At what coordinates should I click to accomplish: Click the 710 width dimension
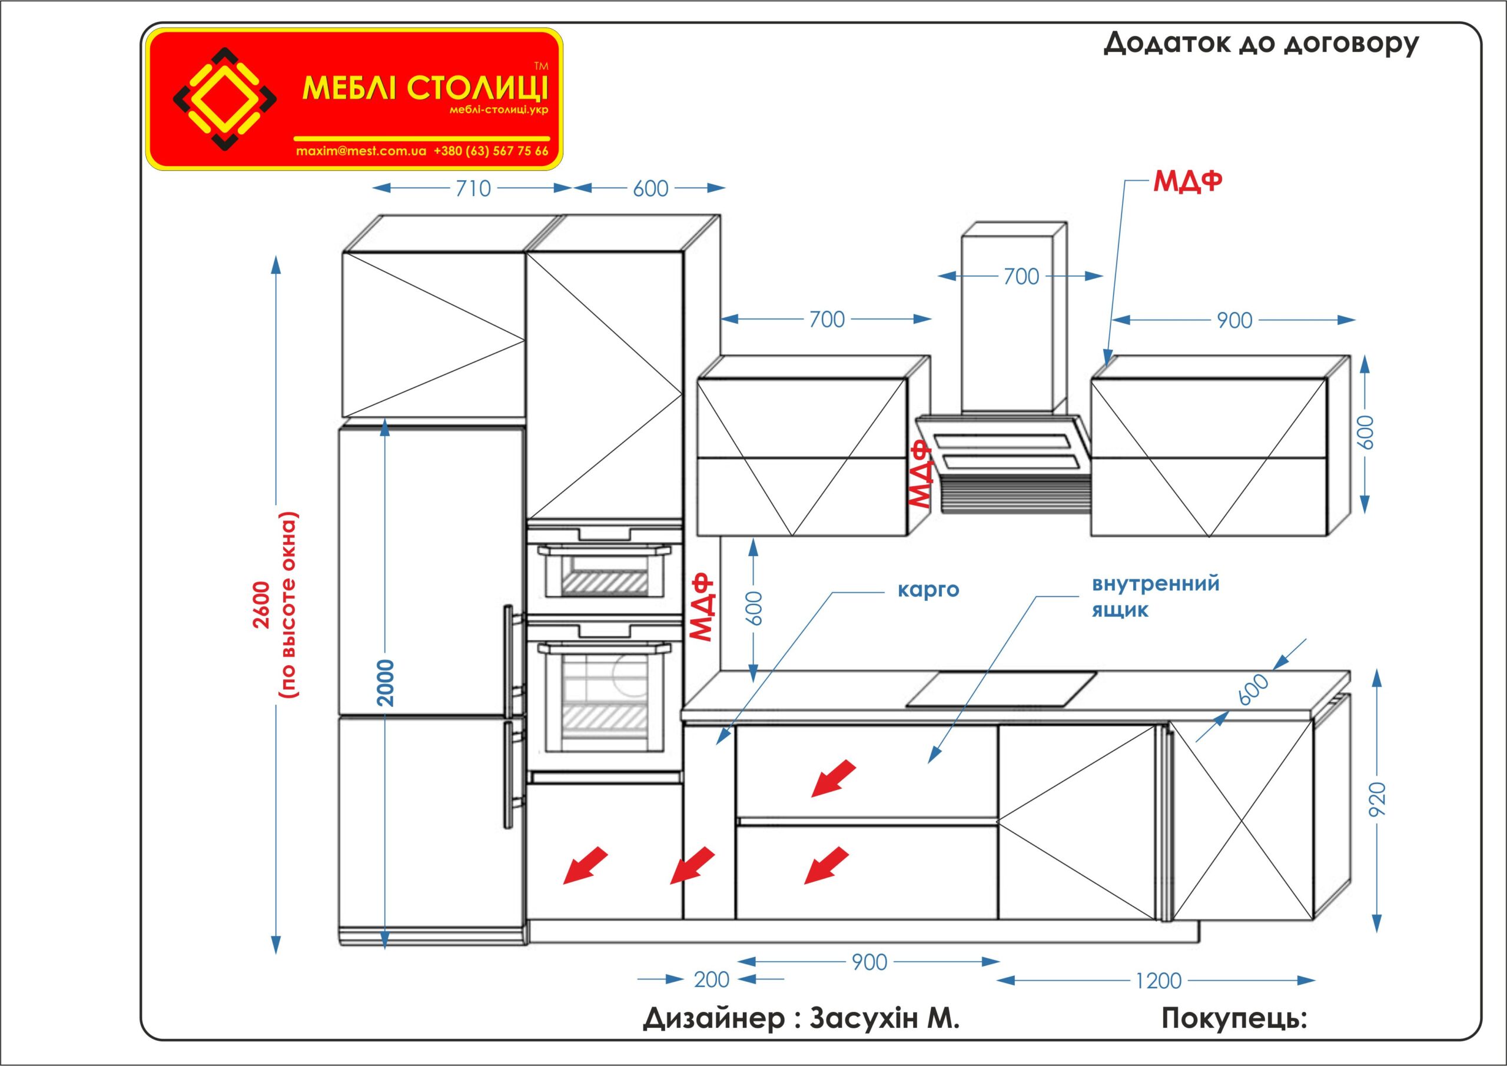click(473, 188)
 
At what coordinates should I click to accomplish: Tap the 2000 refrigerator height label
click(387, 683)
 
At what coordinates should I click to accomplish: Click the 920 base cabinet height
click(1377, 799)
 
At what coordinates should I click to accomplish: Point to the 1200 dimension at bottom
click(1159, 981)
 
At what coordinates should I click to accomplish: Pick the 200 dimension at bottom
click(712, 980)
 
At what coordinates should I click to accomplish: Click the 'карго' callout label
click(928, 589)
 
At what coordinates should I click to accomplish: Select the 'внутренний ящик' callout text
click(1155, 596)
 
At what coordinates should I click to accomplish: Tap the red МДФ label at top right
click(1187, 182)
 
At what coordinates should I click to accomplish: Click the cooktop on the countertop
click(1001, 689)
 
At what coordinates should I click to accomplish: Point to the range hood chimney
click(1013, 318)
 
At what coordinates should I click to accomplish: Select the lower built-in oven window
click(605, 701)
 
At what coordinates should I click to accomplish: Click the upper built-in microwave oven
click(605, 569)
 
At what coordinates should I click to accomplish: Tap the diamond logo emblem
click(224, 98)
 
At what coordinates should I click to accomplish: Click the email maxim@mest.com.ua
click(361, 151)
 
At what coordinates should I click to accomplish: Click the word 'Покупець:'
click(1234, 1018)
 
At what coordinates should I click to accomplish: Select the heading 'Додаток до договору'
click(1261, 44)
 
